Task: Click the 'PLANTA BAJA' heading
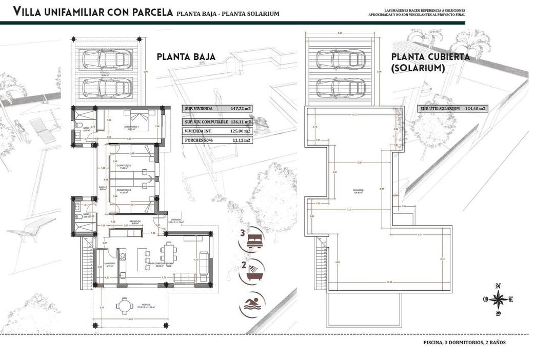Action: [x=186, y=57]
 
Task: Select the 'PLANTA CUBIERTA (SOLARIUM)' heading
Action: [x=430, y=62]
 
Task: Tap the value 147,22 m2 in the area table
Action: [x=241, y=109]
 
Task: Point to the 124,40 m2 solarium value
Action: [x=475, y=109]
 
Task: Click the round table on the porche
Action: [x=124, y=306]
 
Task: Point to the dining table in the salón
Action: [x=168, y=253]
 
